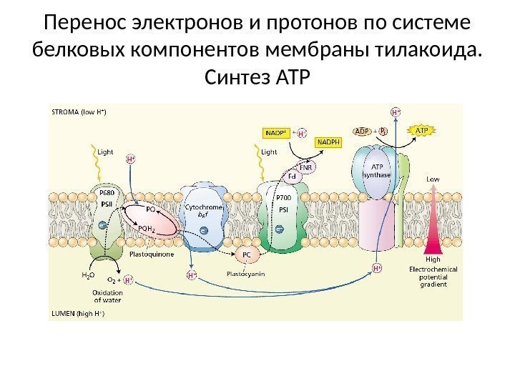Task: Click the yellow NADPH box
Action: click(330, 142)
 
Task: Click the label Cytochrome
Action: click(203, 207)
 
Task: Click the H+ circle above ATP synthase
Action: click(395, 112)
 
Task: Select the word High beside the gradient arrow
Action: click(433, 259)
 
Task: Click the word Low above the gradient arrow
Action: click(433, 179)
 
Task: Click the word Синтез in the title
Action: click(237, 74)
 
